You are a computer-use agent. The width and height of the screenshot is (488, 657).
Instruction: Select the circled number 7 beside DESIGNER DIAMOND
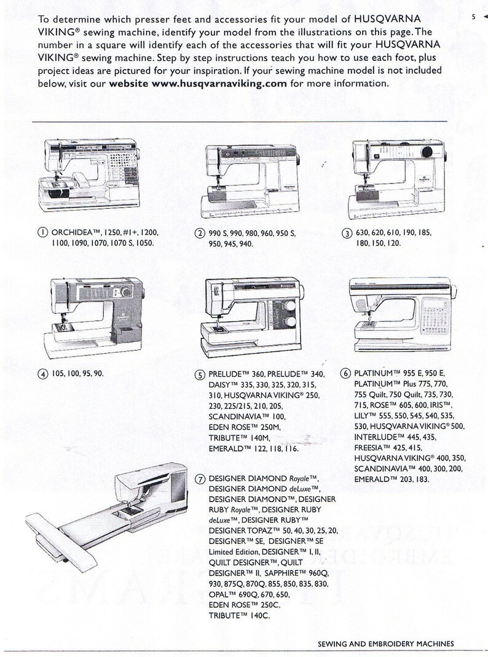200,479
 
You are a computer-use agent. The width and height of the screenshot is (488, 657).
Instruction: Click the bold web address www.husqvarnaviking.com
218,83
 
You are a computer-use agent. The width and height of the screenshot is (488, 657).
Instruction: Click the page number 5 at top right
474,17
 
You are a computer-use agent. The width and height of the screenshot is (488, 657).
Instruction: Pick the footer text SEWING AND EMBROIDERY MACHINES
386,643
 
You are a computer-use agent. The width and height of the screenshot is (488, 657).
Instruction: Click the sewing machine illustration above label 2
251,179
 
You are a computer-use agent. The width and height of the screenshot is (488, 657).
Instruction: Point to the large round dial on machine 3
428,152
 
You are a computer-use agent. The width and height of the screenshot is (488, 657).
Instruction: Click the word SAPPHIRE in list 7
281,573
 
